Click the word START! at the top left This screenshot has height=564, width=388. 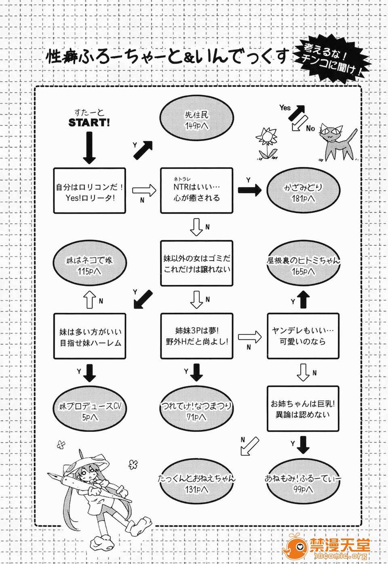pos(89,122)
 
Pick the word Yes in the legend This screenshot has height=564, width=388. pos(285,107)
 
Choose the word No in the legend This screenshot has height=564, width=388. pos(310,128)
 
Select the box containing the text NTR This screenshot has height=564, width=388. pos(197,190)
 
